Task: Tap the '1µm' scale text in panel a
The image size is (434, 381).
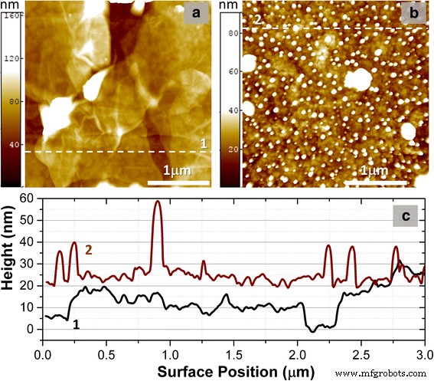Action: [178, 169]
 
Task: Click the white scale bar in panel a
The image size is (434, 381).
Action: [178, 183]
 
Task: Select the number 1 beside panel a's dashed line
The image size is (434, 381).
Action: [203, 143]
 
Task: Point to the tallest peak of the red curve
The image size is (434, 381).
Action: [158, 202]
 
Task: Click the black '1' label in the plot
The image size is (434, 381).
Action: [76, 324]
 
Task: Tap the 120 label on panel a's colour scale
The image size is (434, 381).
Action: [14, 57]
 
